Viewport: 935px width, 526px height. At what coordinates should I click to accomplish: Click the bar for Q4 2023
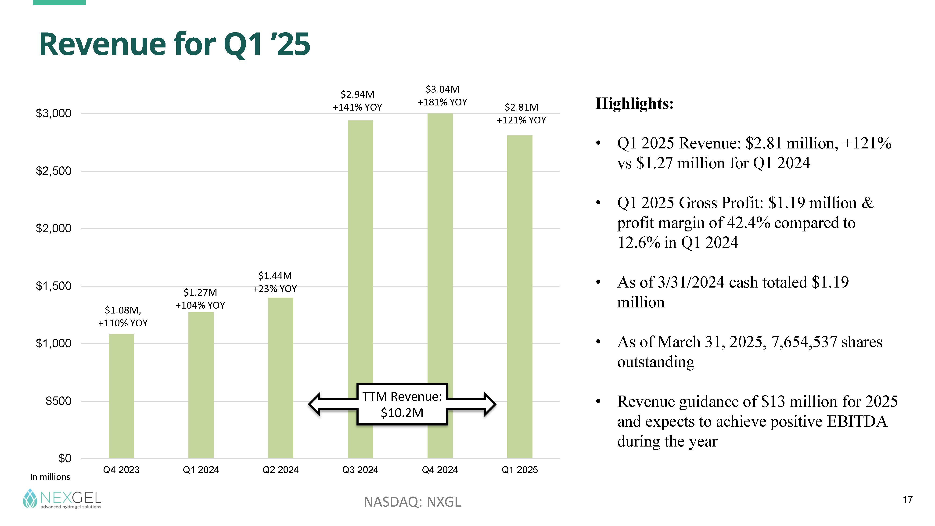[121, 396]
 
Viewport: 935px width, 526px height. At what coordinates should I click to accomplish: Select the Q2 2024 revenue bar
[280, 378]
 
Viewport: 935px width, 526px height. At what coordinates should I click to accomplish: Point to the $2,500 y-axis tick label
[53, 171]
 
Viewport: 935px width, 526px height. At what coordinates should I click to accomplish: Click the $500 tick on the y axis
[58, 401]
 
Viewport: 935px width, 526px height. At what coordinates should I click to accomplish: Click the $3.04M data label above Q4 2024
[442, 89]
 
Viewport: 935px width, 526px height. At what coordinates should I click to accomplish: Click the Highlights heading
[634, 104]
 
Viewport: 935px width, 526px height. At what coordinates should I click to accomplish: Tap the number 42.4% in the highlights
[748, 223]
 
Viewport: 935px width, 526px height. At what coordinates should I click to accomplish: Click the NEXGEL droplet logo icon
[30, 498]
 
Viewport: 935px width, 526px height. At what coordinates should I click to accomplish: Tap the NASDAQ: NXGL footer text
[412, 502]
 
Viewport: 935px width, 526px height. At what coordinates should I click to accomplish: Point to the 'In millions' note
[50, 477]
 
